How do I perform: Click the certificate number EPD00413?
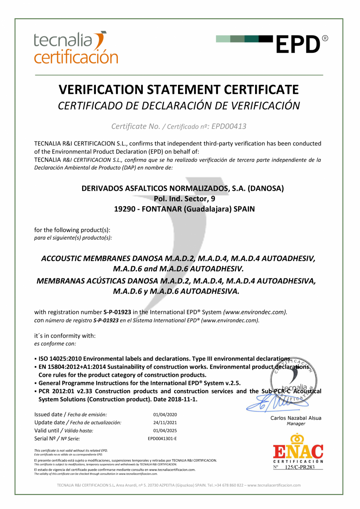tap(229, 126)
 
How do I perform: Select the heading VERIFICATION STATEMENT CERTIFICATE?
tap(179, 90)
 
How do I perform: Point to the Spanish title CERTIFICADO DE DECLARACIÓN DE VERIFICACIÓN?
tap(179, 106)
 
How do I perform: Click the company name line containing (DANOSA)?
tap(182, 188)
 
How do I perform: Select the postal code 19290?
tap(122, 209)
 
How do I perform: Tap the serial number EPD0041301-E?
tap(162, 439)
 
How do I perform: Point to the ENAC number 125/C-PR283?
tap(300, 467)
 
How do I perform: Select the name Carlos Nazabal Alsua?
tap(296, 418)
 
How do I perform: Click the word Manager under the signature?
tap(296, 424)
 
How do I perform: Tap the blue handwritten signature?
tap(274, 401)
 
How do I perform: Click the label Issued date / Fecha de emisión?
tap(70, 414)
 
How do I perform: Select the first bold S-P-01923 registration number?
tap(117, 312)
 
